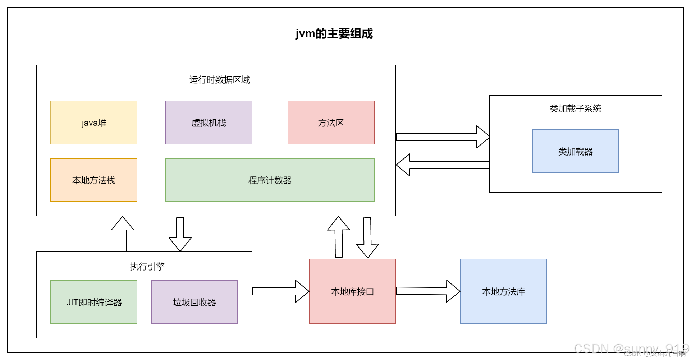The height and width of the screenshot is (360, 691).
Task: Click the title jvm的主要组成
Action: point(334,34)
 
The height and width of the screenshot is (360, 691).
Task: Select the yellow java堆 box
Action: point(94,123)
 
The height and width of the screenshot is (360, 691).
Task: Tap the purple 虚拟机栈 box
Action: point(209,123)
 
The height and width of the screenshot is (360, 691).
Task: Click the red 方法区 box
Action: point(331,123)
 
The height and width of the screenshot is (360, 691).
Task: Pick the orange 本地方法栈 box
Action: point(94,180)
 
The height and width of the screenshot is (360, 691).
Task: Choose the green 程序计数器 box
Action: point(270,180)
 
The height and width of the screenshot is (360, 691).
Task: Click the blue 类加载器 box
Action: point(575,151)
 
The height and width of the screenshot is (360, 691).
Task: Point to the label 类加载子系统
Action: point(575,109)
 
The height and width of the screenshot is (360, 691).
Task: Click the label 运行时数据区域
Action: point(219,80)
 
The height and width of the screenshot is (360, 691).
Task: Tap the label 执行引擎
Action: point(147,267)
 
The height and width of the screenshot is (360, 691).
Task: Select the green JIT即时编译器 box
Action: point(94,302)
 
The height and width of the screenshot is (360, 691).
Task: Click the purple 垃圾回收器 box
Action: point(194,302)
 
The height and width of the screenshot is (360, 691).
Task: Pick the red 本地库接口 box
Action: point(352,291)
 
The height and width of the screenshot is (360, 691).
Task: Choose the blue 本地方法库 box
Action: point(503,291)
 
